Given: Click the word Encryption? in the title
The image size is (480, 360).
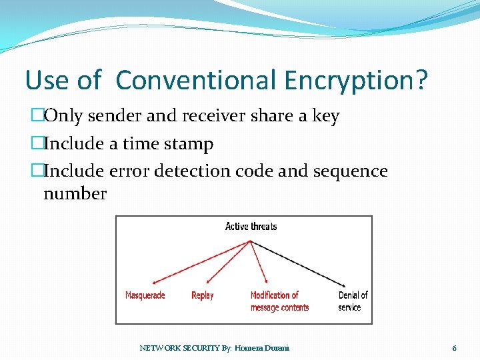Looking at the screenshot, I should tap(355, 81).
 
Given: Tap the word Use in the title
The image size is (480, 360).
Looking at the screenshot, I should tap(46, 81).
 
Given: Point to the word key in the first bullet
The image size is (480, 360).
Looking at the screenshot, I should tap(326, 116).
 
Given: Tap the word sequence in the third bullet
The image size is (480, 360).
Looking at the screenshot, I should tap(349, 171).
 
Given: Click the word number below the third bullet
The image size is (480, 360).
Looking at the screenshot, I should tap(75, 194).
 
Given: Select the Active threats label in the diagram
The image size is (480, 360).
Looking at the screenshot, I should tap(251, 227).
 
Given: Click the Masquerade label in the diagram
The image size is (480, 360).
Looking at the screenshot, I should tap(145, 295).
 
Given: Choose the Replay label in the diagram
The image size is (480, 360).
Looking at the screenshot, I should tap(202, 295).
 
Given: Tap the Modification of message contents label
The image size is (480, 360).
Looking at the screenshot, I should tap(279, 301).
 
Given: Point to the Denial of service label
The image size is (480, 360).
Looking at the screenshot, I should tap(353, 301).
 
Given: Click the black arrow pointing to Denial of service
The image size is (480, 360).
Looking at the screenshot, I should tap(300, 263).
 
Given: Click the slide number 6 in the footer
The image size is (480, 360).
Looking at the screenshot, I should tap(454, 348).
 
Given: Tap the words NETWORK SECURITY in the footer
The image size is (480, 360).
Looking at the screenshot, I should tap(175, 348).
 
